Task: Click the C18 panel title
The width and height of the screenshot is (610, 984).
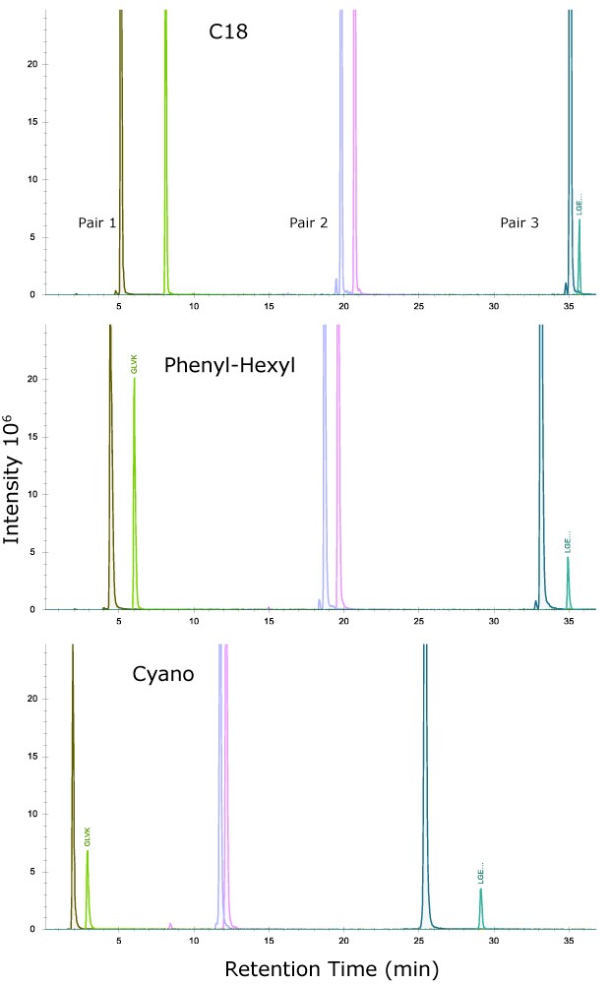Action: [x=227, y=31]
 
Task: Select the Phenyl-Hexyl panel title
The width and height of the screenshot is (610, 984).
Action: [x=229, y=366]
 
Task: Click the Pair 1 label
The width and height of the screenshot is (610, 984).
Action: [x=97, y=223]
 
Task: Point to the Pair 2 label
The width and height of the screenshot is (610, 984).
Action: [x=308, y=223]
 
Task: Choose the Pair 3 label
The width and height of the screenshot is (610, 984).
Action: [x=518, y=223]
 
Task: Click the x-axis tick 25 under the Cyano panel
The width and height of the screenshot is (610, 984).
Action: [x=419, y=941]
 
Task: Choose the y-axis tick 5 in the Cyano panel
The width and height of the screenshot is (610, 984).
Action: [x=33, y=872]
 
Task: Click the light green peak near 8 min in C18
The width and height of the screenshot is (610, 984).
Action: [x=165, y=148]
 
